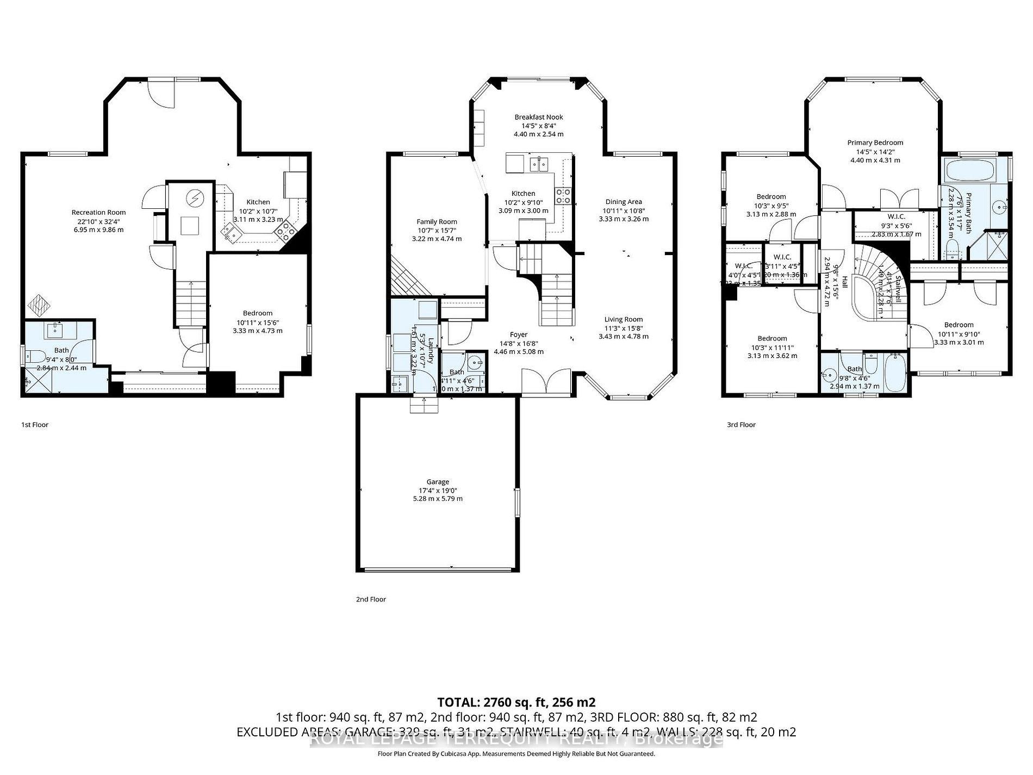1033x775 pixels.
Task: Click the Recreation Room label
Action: [98, 212]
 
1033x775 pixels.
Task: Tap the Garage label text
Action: [438, 481]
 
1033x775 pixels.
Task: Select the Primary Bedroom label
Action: [875, 142]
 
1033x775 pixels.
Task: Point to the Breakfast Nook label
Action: [538, 117]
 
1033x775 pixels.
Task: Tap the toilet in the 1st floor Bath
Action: [36, 357]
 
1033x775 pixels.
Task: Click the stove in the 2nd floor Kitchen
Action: [564, 195]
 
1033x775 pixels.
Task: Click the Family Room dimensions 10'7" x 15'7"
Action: [437, 230]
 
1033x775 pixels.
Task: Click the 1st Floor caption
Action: [35, 425]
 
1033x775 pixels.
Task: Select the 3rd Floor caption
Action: [741, 425]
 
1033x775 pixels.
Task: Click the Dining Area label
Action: [623, 202]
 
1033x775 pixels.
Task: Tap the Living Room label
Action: [623, 319]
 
